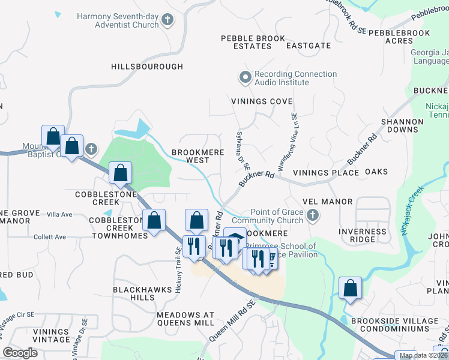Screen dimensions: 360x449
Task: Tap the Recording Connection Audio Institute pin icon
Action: point(245,78)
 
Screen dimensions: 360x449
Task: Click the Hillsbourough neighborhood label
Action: point(147,67)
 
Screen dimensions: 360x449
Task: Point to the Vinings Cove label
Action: point(262,101)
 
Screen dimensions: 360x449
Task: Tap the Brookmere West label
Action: point(199,156)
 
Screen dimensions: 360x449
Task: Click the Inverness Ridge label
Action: point(363,235)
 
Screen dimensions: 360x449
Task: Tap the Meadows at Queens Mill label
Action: point(185,319)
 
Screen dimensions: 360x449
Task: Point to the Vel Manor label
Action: point(328,200)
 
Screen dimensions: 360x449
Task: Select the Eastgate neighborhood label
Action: point(309,46)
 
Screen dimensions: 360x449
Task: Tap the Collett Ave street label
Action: point(50,237)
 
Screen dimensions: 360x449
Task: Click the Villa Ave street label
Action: point(59,214)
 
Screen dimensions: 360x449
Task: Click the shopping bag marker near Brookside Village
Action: point(350,289)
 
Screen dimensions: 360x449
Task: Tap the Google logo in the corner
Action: point(20,353)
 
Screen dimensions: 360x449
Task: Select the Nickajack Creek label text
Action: point(413,208)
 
